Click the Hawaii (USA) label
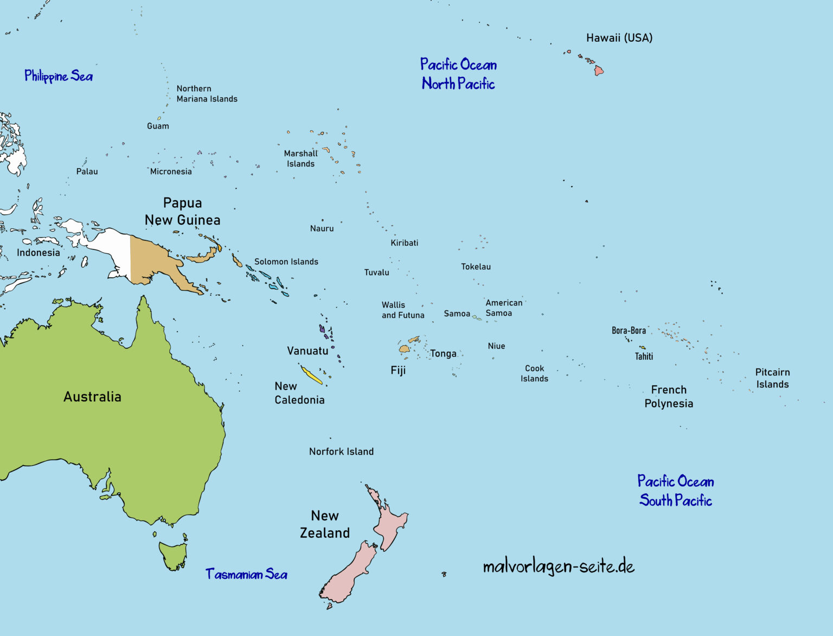[x=619, y=38]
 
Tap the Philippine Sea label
[x=59, y=76]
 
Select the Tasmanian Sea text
[x=246, y=574]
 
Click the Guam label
[x=158, y=126]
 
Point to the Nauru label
[x=322, y=228]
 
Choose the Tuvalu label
[x=376, y=272]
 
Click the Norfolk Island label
[x=341, y=451]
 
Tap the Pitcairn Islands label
[x=772, y=378]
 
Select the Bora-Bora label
[x=629, y=330]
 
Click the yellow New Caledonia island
[x=311, y=375]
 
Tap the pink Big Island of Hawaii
[x=598, y=71]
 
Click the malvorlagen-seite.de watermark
[x=558, y=567]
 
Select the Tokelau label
[x=476, y=266]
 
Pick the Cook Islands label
[x=534, y=373]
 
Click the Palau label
[x=87, y=171]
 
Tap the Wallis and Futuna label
[x=402, y=310]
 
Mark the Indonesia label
[x=38, y=252]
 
